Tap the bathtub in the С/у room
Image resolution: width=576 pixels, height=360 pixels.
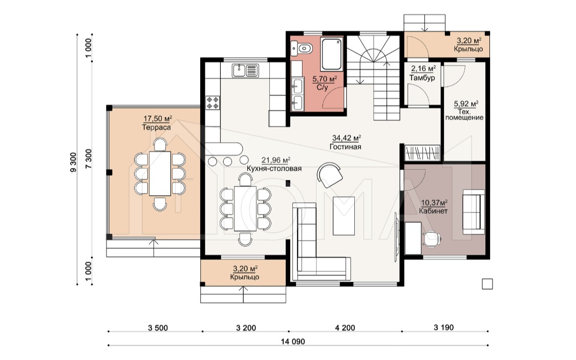click(332, 54)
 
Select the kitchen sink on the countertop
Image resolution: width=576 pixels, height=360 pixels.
click(245, 70)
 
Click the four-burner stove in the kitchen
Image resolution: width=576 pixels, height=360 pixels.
click(212, 102)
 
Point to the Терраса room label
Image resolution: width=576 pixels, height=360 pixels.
click(157, 128)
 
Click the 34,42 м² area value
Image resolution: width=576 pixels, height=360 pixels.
click(347, 138)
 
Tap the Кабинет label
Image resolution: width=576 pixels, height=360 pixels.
click(434, 211)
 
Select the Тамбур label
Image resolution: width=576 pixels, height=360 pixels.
click(422, 78)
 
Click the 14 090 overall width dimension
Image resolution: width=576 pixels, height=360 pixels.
click(293, 341)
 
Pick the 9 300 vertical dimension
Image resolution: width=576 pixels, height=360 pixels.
click(73, 162)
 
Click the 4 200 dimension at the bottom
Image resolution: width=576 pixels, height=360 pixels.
click(345, 328)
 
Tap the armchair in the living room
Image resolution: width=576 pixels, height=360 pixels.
click(330, 174)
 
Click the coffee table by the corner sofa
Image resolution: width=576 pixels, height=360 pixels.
click(344, 216)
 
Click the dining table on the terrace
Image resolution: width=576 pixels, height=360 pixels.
click(160, 174)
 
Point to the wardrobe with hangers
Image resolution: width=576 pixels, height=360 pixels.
click(422, 153)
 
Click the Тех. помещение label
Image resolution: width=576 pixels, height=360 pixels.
click(464, 115)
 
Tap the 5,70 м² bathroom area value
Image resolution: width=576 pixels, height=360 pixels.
click(325, 79)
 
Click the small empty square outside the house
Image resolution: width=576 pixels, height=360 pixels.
click(487, 284)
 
